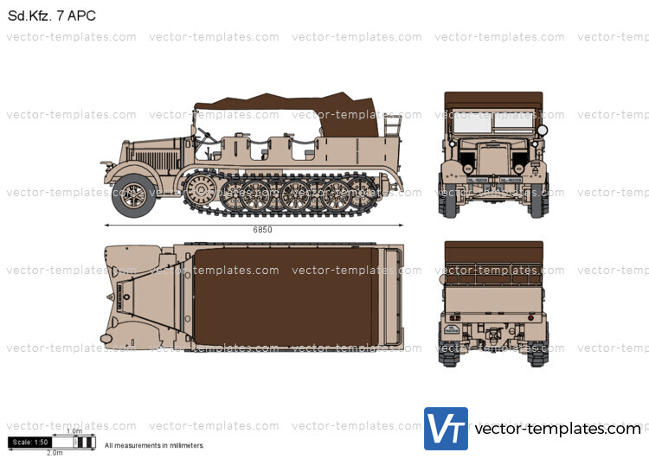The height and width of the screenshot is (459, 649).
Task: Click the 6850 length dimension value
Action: pyautogui.click(x=263, y=230)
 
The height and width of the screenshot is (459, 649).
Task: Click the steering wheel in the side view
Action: pyautogui.click(x=205, y=133)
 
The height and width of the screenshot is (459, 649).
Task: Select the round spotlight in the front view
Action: pyautogui.click(x=543, y=131)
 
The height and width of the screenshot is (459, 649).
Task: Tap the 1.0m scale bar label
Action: pyautogui.click(x=74, y=430)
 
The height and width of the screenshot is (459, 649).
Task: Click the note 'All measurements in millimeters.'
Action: pyautogui.click(x=154, y=446)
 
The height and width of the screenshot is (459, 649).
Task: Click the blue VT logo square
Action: pyautogui.click(x=446, y=429)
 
